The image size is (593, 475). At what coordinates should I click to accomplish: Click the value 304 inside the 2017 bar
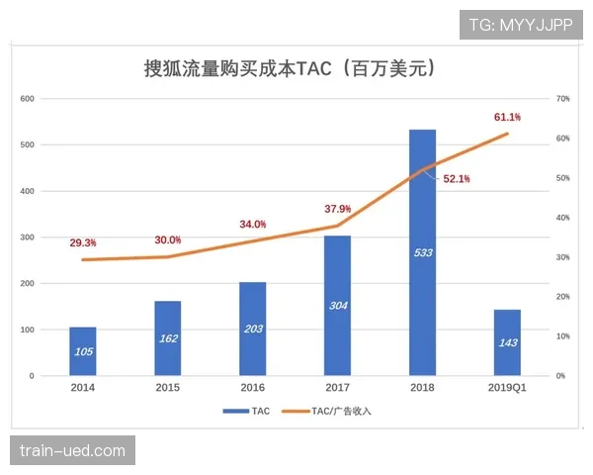tap(338, 305)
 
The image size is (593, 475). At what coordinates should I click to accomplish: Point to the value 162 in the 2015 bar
tap(168, 338)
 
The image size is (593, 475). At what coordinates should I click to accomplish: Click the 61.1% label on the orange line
tap(507, 117)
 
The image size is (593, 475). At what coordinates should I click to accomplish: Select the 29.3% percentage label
tap(83, 242)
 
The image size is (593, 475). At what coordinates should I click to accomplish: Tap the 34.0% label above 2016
tap(252, 225)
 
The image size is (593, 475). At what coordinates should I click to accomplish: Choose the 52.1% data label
tap(457, 179)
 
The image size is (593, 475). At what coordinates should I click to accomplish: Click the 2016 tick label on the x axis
tap(252, 388)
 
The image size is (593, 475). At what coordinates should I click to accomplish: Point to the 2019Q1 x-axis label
tap(506, 388)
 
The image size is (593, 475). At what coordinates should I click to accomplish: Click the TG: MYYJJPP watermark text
tap(520, 24)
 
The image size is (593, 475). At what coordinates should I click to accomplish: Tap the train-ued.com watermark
tap(73, 451)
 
